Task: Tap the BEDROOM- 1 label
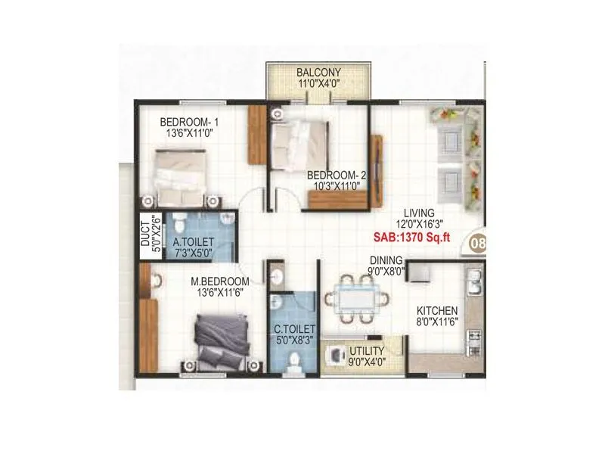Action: [x=189, y=121]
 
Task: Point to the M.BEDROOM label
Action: [x=219, y=281]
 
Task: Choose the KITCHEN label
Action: [x=437, y=310]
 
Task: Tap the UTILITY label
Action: [x=366, y=351]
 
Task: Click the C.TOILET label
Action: [x=294, y=329]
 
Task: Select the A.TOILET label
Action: [x=192, y=243]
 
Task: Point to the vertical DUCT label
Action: [x=146, y=235]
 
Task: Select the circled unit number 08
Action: [x=478, y=244]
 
